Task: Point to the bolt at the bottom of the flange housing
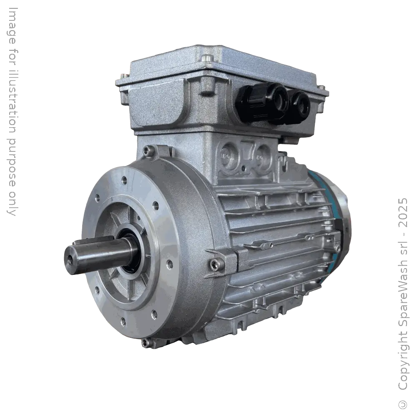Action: pyautogui.click(x=146, y=342)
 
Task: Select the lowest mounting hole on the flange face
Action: pyautogui.click(x=123, y=321)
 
